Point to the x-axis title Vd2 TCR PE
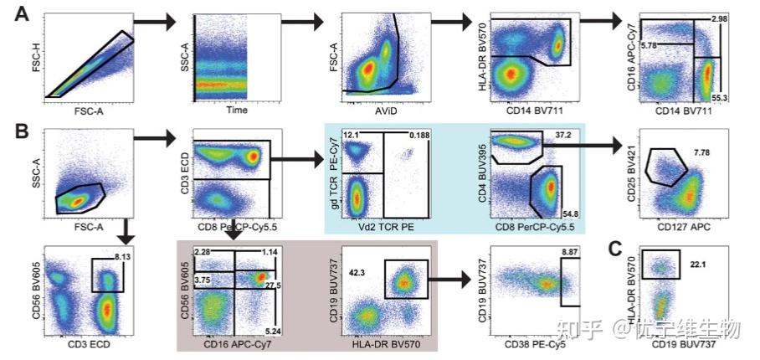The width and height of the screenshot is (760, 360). (x=385, y=227)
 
